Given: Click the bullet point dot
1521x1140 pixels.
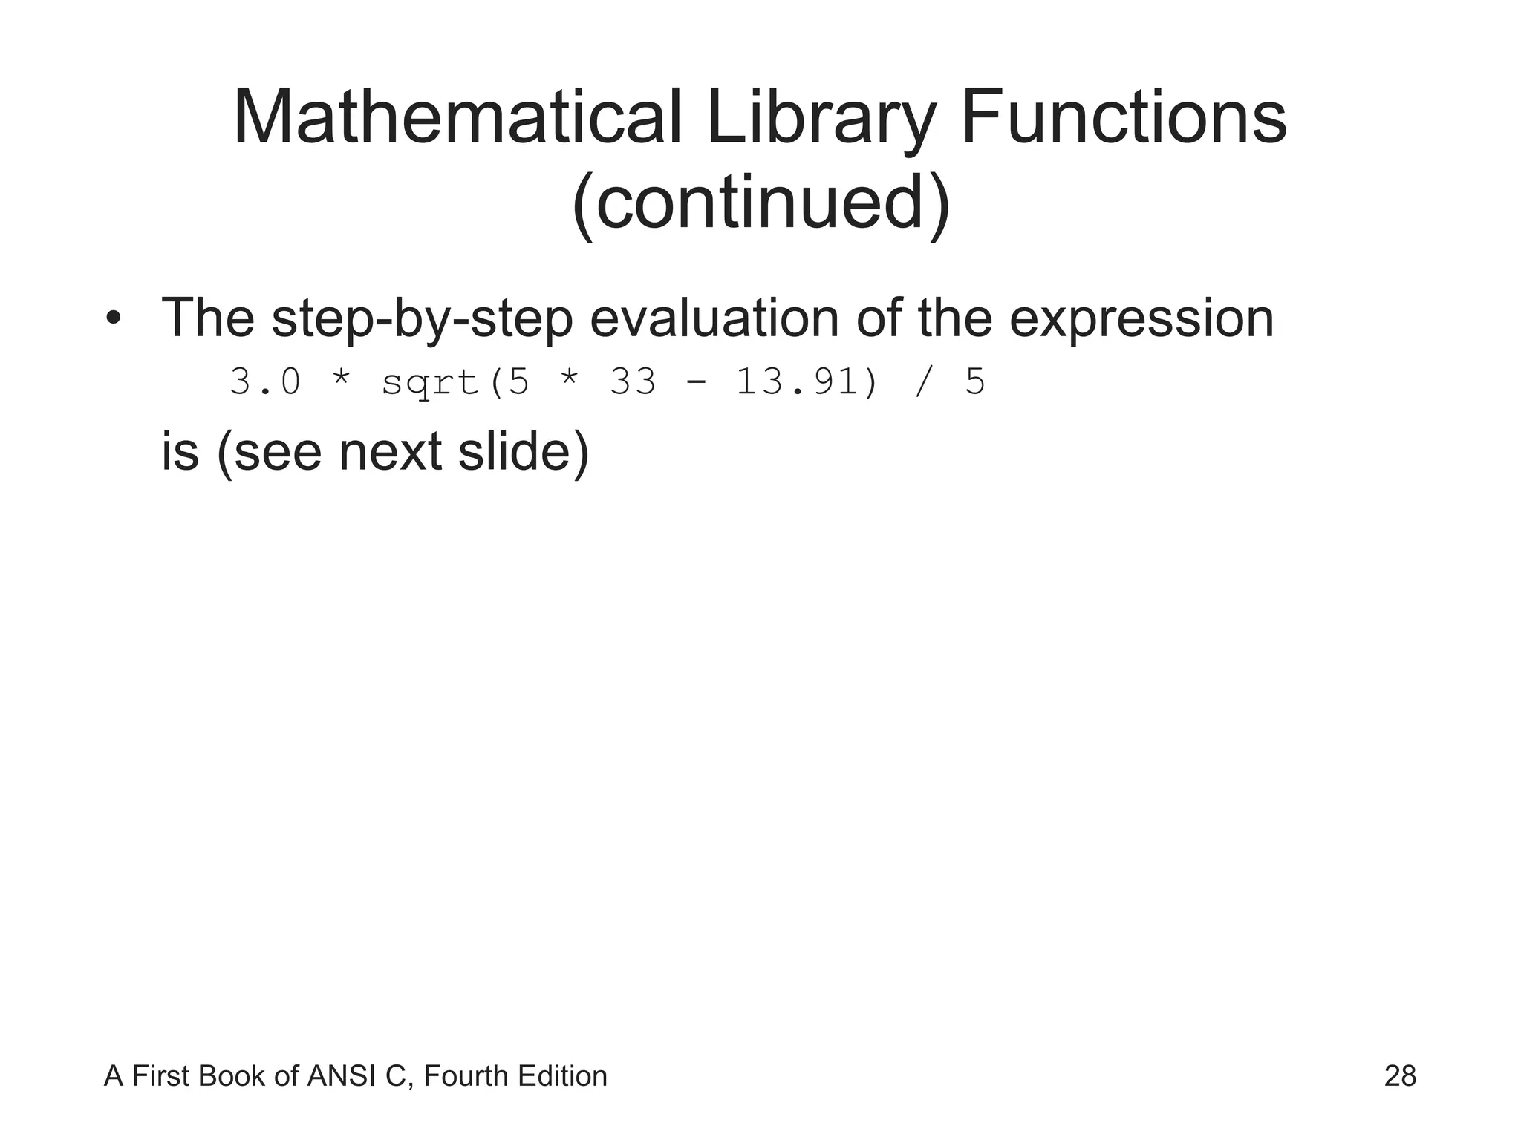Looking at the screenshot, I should click(x=113, y=319).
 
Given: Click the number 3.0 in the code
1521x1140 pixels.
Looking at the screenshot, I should click(x=265, y=383).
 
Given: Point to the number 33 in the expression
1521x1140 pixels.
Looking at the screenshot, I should click(x=633, y=383).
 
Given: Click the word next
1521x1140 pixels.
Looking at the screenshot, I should click(x=391, y=452).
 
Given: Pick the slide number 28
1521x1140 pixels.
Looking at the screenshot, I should click(x=1400, y=1076).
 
